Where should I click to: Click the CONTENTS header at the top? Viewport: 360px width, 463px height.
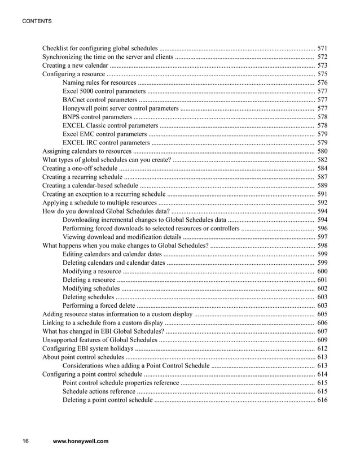point(37,21)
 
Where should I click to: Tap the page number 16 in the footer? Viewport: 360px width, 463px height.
point(25,441)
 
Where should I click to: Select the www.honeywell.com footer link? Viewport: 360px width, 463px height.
point(80,441)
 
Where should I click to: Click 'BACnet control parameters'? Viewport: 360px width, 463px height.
point(99,99)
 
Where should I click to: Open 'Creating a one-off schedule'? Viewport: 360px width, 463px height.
point(80,168)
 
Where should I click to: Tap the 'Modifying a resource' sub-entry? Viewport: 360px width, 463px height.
point(91,271)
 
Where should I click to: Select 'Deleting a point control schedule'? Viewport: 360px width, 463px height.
point(107,400)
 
